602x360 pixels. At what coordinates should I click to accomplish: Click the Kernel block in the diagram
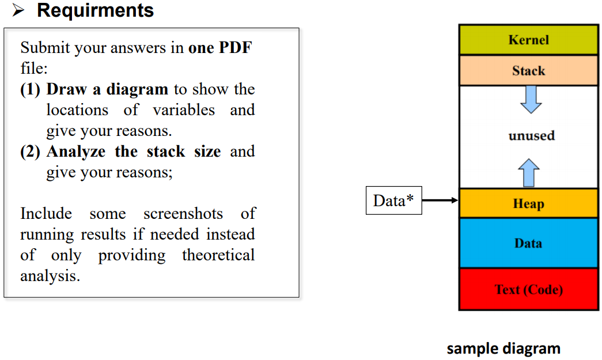pyautogui.click(x=529, y=40)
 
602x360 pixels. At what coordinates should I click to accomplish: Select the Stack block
pyautogui.click(x=529, y=71)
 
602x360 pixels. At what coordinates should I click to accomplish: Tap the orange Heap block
pyautogui.click(x=529, y=203)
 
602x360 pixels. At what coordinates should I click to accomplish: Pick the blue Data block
pyautogui.click(x=529, y=243)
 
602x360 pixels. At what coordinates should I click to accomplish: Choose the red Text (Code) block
pyautogui.click(x=529, y=289)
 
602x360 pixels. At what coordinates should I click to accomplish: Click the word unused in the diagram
pyautogui.click(x=532, y=135)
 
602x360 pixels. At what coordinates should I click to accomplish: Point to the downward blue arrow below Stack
pyautogui.click(x=531, y=100)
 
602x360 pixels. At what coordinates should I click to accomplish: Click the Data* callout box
pyautogui.click(x=394, y=200)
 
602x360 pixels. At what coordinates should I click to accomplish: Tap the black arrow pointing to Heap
pyautogui.click(x=440, y=200)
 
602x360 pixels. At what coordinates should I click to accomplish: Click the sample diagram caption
pyautogui.click(x=503, y=349)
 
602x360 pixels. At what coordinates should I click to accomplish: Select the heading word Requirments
pyautogui.click(x=95, y=10)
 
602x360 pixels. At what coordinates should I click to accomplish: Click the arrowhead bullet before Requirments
pyautogui.click(x=18, y=10)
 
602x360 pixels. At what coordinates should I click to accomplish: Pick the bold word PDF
pyautogui.click(x=236, y=48)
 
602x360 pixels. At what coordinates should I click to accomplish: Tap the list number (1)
pyautogui.click(x=30, y=89)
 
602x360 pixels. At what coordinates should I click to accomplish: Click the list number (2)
pyautogui.click(x=30, y=151)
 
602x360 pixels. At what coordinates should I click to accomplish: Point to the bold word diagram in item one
pyautogui.click(x=137, y=90)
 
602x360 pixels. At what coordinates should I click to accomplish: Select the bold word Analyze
pyautogui.click(x=76, y=151)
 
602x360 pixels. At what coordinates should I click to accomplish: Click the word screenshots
pyautogui.click(x=183, y=213)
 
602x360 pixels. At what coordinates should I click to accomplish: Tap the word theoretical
pyautogui.click(x=218, y=255)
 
